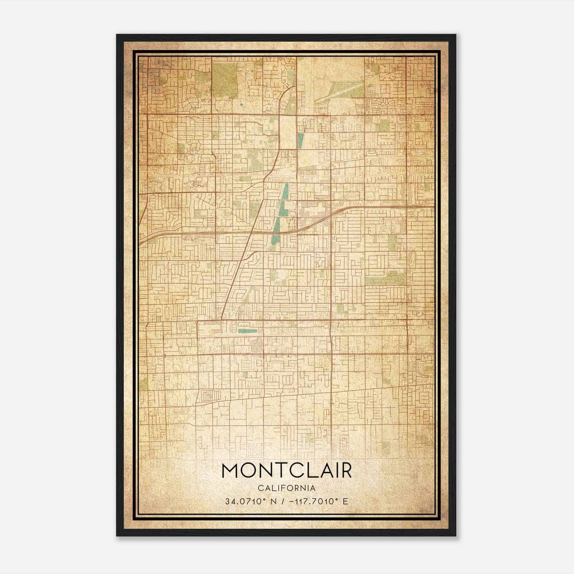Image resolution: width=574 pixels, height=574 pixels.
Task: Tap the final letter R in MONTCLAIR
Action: (345, 471)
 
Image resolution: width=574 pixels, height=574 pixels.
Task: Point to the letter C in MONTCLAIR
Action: (291, 471)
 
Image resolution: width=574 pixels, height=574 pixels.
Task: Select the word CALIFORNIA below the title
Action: (287, 488)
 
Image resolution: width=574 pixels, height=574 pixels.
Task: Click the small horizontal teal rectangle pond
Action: (248, 330)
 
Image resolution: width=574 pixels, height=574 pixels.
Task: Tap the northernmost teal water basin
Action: (300, 141)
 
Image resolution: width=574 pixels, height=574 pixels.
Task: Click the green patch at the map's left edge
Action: (143, 384)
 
